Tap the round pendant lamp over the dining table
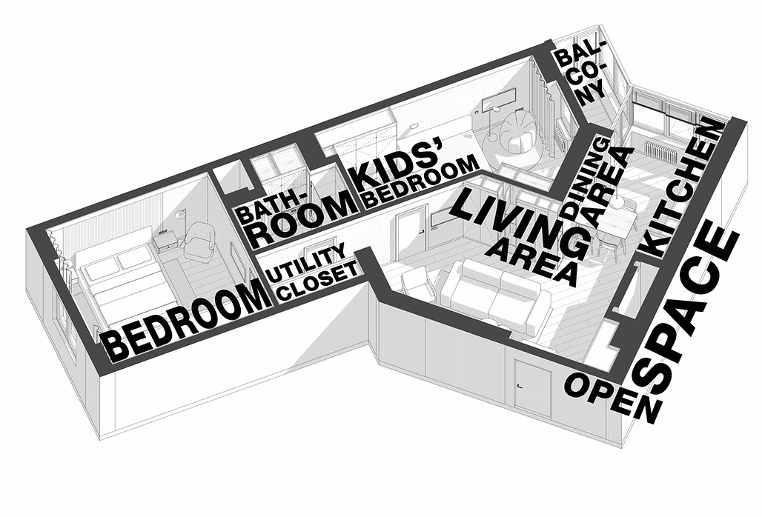pos(619,202)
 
